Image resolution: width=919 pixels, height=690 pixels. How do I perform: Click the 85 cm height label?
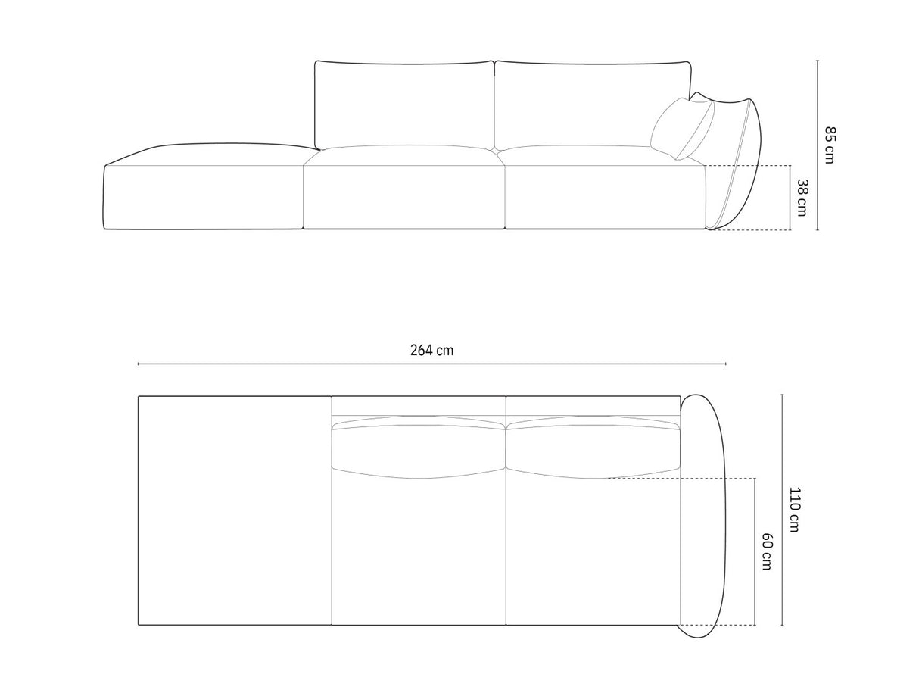coord(829,145)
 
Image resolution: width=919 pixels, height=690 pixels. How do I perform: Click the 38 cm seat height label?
coord(802,197)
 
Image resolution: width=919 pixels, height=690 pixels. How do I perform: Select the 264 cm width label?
coord(431,350)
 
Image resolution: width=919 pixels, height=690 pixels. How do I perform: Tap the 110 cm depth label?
coord(793,510)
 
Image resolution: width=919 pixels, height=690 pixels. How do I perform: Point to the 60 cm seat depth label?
coord(766,551)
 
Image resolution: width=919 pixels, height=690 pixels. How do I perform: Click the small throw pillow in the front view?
coord(681,129)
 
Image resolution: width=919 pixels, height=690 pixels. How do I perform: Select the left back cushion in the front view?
coord(404,104)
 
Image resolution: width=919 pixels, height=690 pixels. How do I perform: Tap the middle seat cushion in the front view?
coord(403,193)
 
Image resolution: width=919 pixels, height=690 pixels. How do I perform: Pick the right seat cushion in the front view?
coord(604,193)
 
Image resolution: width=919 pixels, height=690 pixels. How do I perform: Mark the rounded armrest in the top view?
coord(703,515)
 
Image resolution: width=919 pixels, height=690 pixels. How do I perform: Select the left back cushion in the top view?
coord(418,447)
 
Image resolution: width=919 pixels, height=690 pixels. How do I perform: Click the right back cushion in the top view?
coord(592,447)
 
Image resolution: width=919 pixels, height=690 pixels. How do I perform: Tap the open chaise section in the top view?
coord(235,510)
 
